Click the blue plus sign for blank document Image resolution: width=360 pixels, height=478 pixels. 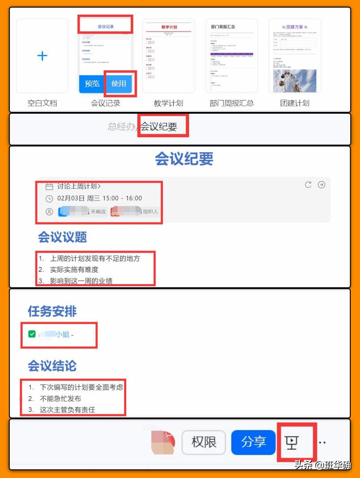tap(42, 56)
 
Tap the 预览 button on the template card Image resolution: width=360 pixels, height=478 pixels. tap(92, 83)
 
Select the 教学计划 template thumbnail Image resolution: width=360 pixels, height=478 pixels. tap(168, 55)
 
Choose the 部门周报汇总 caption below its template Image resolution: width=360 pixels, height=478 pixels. tap(232, 103)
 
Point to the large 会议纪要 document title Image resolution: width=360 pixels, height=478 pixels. tap(184, 158)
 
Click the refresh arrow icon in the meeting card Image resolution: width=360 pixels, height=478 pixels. tap(308, 185)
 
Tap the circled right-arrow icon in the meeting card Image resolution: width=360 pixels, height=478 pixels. tap(321, 185)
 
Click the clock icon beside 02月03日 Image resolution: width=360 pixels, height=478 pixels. tap(49, 198)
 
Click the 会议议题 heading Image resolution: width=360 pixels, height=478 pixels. tap(62, 237)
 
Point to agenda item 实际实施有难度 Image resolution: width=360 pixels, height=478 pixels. tap(74, 270)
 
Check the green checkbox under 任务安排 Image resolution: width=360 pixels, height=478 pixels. tap(32, 334)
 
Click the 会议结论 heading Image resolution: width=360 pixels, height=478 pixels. tap(52, 366)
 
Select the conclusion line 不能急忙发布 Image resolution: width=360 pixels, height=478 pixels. tap(60, 399)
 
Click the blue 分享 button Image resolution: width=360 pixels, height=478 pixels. tap(253, 442)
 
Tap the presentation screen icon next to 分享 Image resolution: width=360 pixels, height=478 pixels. tap(291, 442)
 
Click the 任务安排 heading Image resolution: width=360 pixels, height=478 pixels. tap(52, 311)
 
